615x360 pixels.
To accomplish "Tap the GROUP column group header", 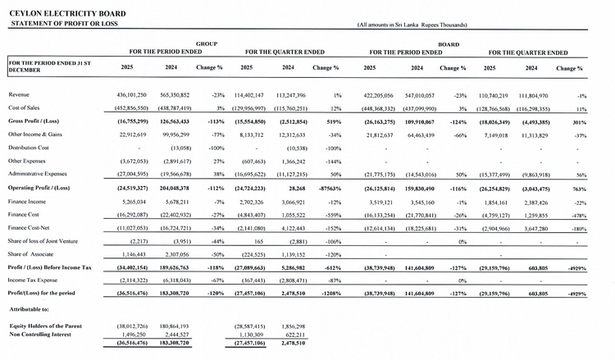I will (x=206, y=43).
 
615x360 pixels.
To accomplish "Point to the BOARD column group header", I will (x=448, y=43).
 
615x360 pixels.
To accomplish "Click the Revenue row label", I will (x=20, y=95).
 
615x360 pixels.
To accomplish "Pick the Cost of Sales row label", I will (x=25, y=108).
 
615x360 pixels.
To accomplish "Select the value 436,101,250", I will (x=129, y=95).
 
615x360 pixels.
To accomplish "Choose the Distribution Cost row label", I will (x=31, y=148).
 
